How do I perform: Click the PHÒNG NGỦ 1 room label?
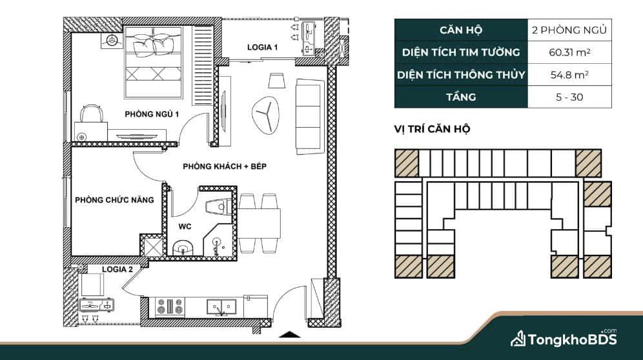[152, 114]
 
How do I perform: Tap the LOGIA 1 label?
[263, 47]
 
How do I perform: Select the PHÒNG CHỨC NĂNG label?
[114, 200]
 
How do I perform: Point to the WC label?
[185, 226]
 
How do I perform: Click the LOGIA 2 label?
[117, 270]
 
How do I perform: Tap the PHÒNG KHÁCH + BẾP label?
[225, 166]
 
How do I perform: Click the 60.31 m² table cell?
[569, 52]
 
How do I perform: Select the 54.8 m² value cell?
[569, 75]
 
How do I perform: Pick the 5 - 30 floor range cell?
[569, 97]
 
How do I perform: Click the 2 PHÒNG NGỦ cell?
[569, 30]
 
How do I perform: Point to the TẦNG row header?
[461, 97]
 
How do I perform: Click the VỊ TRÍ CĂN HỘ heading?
[433, 129]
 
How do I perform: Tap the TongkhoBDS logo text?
[572, 339]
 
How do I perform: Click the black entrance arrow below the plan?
[289, 334]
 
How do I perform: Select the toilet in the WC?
[219, 206]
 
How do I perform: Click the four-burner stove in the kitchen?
[170, 306]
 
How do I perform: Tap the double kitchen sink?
[221, 306]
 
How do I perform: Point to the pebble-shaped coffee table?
[266, 115]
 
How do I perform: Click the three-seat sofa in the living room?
[310, 117]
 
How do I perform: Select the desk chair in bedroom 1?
[91, 114]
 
